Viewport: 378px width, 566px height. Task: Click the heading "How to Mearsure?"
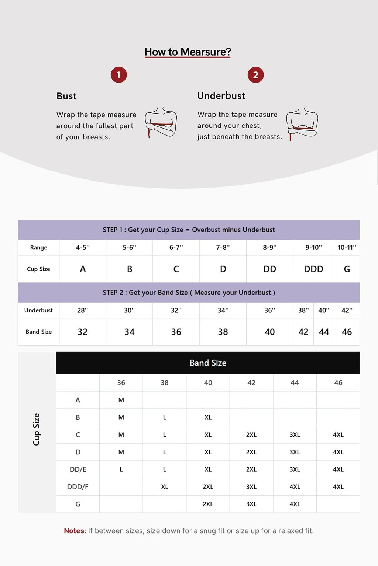coord(188,52)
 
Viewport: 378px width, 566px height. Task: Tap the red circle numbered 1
coord(118,75)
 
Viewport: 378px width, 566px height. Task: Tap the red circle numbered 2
coord(255,75)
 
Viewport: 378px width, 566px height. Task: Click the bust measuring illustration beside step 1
coord(161,122)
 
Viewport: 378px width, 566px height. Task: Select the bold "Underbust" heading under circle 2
coord(221,96)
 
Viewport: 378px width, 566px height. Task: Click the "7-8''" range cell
coord(223,248)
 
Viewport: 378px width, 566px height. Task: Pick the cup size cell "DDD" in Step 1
coord(313,269)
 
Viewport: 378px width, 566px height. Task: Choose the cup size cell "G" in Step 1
coord(347,269)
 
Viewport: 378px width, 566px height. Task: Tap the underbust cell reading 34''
coord(223,310)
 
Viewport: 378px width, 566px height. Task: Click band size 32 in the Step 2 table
coord(83,332)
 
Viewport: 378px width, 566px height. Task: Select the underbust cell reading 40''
coord(324,310)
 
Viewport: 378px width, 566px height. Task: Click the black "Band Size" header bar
coord(208,363)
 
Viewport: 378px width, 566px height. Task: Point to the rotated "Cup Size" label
coord(36,429)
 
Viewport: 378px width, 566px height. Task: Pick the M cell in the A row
coord(121,400)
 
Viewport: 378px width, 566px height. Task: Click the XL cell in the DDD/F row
coord(165,487)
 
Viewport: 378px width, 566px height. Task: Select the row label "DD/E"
coord(78,469)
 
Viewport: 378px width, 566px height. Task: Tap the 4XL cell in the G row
coord(295,504)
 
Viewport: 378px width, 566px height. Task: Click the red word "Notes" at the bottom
coord(74,531)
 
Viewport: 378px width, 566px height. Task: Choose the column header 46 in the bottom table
coord(338,383)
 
